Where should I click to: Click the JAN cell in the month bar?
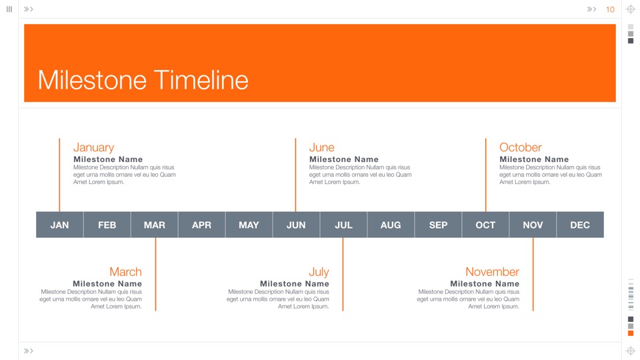coord(59,225)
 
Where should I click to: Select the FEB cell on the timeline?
coord(107,225)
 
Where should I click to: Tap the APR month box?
coord(201,225)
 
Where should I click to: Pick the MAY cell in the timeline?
coord(249,225)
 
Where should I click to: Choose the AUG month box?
coord(391,225)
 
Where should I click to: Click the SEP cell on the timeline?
coord(438,225)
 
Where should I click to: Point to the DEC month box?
coord(580,225)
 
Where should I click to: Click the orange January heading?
coord(93,147)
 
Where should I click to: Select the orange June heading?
coord(321,147)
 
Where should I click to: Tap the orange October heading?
coord(521,147)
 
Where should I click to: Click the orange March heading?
coord(125,272)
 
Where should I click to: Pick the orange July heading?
coord(319,272)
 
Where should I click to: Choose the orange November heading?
coord(492,272)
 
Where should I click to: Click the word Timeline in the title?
coord(201,80)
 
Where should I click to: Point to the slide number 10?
coord(610,9)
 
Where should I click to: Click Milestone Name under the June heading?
coord(344,159)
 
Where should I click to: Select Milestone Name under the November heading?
coord(485,284)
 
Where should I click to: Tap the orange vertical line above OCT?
coord(486,175)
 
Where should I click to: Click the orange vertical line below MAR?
coord(155,274)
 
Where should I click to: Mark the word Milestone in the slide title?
coord(92,80)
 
